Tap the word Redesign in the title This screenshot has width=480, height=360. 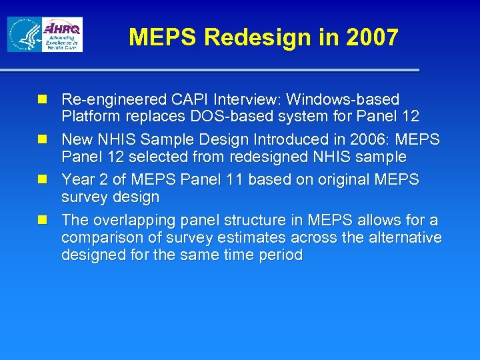(x=259, y=37)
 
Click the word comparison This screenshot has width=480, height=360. (x=101, y=238)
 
